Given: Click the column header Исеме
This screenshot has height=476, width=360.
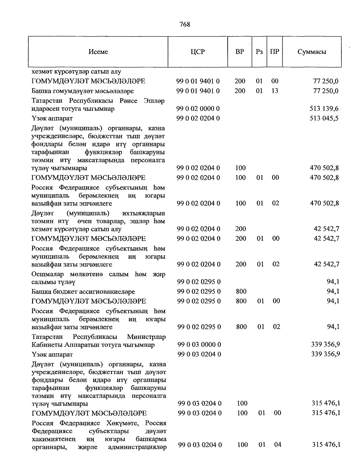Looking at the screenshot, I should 98,52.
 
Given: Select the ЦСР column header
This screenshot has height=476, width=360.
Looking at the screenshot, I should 198,52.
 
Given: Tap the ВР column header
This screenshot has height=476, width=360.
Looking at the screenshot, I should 240,52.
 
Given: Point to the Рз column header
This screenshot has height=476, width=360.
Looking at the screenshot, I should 259,52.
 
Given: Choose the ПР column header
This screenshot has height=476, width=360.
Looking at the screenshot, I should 274,52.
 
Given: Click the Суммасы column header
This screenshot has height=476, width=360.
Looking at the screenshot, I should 312,52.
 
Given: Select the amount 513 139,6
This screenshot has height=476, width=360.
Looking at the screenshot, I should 324,109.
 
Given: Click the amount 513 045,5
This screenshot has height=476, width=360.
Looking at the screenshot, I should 324,118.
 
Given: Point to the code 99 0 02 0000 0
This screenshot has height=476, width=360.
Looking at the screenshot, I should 198,109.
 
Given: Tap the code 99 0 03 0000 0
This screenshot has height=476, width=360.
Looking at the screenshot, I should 199,345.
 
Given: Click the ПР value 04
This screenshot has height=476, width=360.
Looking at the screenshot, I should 277,445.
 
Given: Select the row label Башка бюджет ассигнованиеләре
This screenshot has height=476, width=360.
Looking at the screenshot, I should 83,292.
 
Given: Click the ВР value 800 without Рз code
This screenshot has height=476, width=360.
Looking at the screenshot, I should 241,291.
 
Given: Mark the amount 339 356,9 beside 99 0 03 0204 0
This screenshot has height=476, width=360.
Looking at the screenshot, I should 325,354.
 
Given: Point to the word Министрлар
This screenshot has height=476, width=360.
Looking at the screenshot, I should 146,337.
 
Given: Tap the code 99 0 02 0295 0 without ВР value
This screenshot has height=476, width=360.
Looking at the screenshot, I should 199,282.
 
